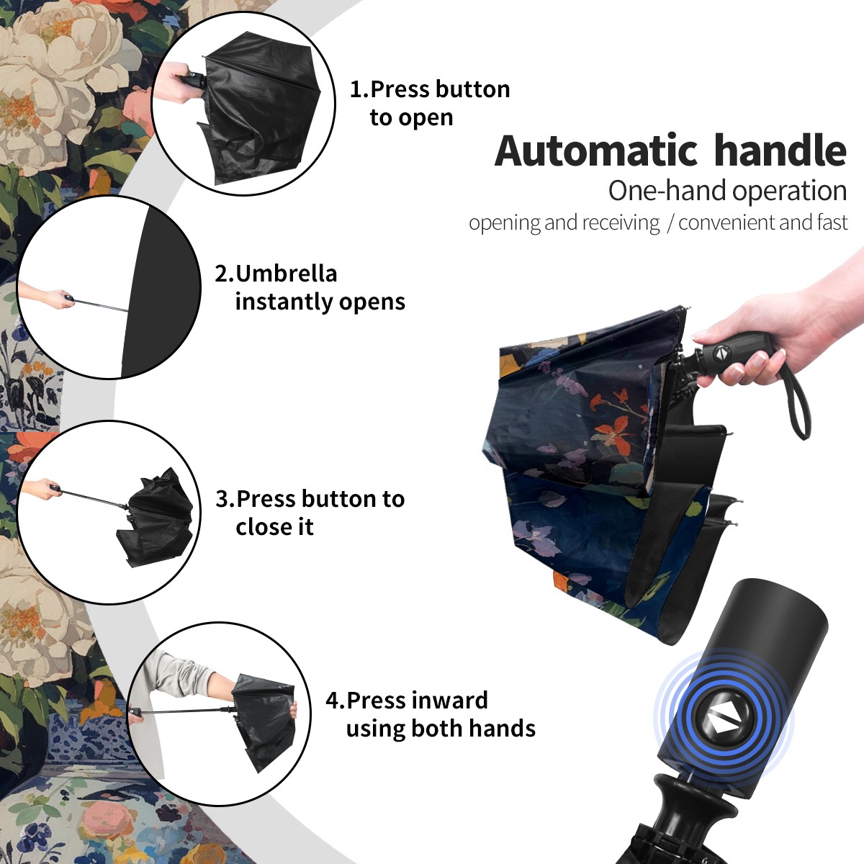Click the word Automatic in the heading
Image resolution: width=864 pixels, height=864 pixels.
pos(596,150)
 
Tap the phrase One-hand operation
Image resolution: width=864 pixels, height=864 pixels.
pos(727,191)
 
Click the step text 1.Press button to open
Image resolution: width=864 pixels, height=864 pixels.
pos(430,104)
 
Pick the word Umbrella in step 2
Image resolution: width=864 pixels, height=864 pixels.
pos(286,274)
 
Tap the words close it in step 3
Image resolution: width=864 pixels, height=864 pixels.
pos(274,526)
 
